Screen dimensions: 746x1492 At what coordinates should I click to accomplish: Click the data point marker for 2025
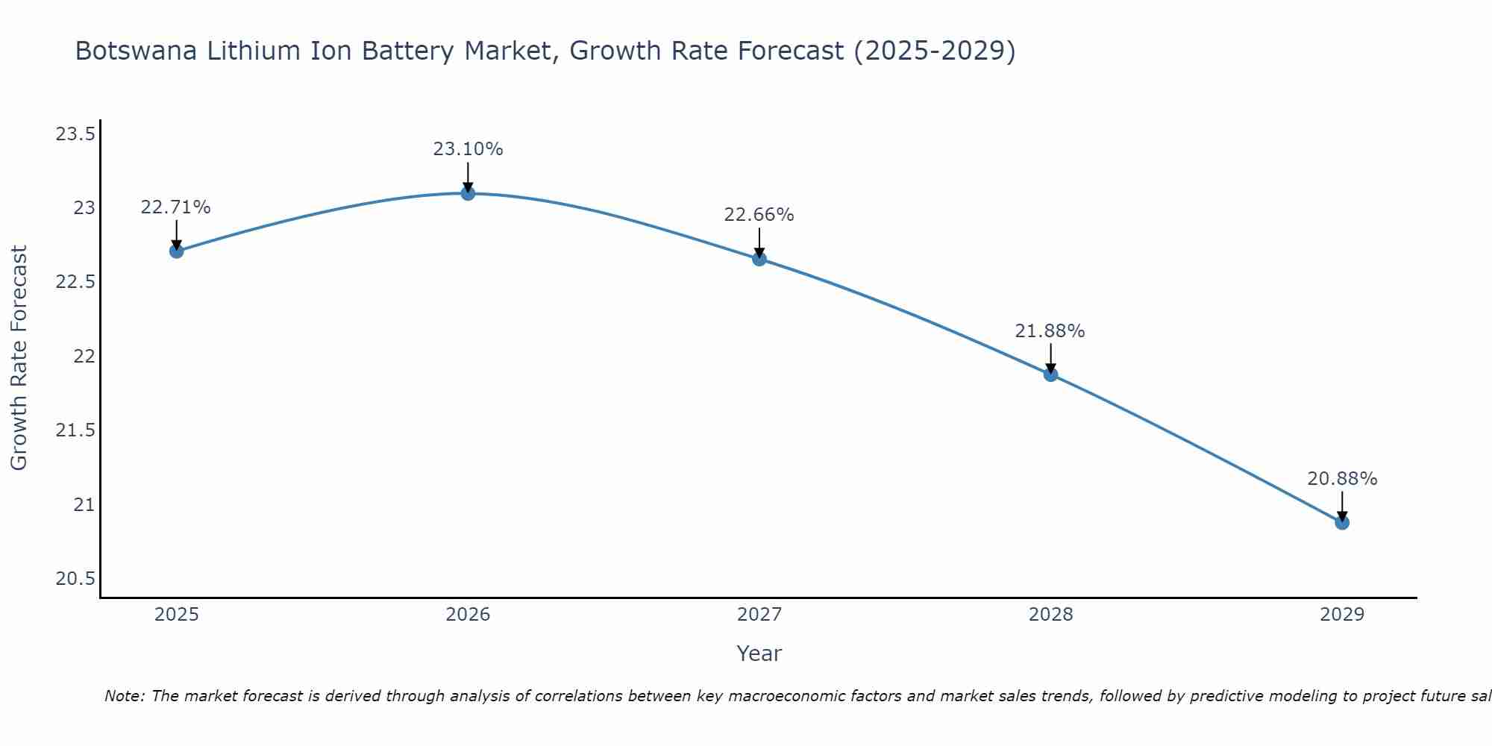pyautogui.click(x=177, y=251)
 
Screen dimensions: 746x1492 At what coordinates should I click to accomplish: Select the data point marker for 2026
pyautogui.click(x=468, y=193)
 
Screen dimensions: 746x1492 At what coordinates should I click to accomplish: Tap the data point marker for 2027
pyautogui.click(x=759, y=259)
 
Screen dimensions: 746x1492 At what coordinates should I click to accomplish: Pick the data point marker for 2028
pyautogui.click(x=1050, y=374)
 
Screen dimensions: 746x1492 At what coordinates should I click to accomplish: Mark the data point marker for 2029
pyautogui.click(x=1342, y=522)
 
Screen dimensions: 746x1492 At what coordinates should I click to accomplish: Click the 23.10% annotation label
pyautogui.click(x=468, y=149)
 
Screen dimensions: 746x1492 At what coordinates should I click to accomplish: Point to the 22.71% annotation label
pyautogui.click(x=176, y=207)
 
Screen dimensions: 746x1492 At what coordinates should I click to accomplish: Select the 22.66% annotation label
pyautogui.click(x=759, y=215)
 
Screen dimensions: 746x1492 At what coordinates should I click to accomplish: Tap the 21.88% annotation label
pyautogui.click(x=1050, y=331)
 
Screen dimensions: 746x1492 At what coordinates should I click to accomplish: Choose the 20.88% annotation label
pyautogui.click(x=1342, y=479)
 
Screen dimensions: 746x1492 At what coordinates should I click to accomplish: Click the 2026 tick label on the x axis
pyautogui.click(x=468, y=615)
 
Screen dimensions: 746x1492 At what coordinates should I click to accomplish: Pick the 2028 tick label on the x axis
pyautogui.click(x=1050, y=615)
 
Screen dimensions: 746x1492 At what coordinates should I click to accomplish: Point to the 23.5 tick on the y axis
pyautogui.click(x=75, y=134)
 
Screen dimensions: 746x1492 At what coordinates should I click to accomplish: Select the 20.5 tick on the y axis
pyautogui.click(x=75, y=579)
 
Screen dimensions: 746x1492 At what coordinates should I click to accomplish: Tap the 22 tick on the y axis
pyautogui.click(x=84, y=357)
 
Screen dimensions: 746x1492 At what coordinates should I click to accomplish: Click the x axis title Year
pyautogui.click(x=759, y=653)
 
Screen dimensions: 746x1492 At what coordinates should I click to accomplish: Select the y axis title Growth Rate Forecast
pyautogui.click(x=19, y=358)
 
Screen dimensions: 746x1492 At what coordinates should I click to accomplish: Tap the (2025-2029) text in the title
pyautogui.click(x=935, y=51)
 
